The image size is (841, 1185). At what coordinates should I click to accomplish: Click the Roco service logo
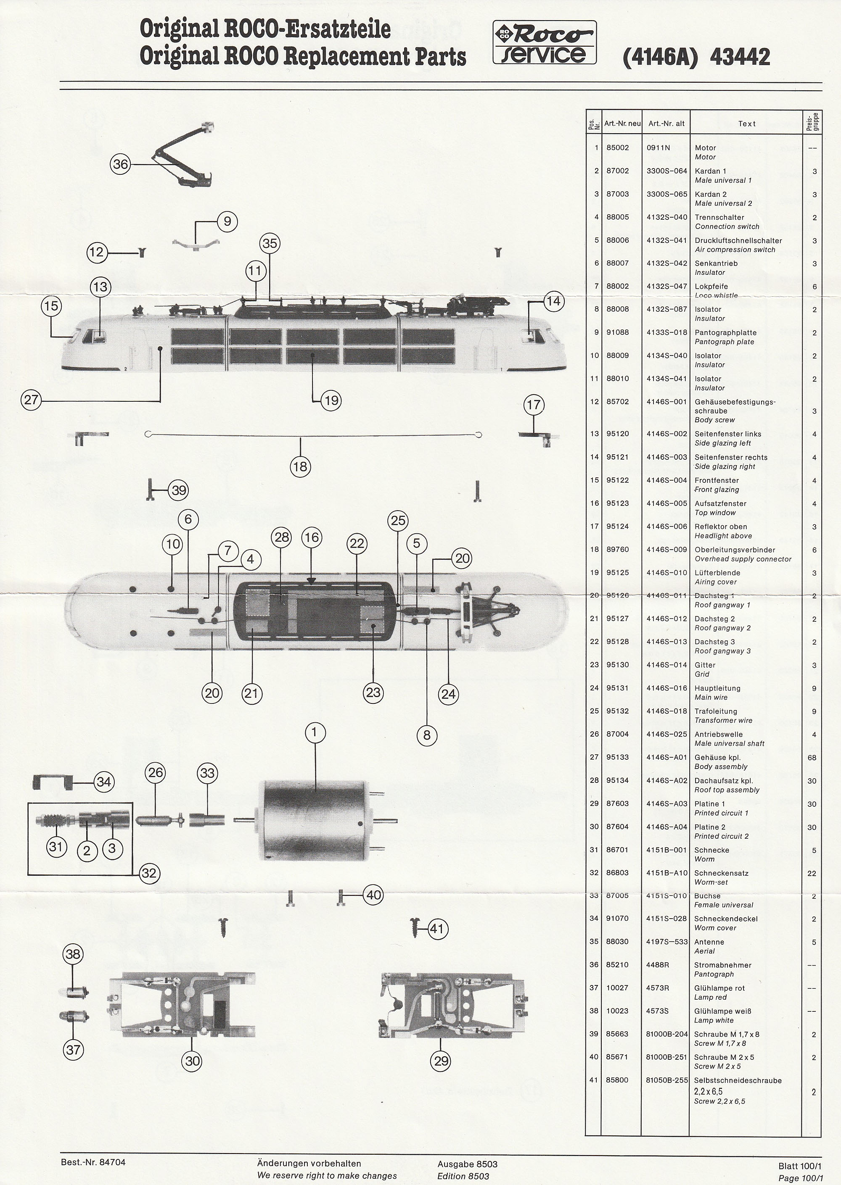coord(544,42)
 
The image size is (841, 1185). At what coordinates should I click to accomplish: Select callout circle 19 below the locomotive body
coord(331,400)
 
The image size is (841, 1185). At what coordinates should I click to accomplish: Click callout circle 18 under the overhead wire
coord(300,467)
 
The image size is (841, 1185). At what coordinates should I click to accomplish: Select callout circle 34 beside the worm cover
coord(103,782)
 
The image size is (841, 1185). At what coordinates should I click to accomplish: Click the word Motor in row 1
coord(705,148)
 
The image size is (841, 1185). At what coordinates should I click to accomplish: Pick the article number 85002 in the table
coord(617,148)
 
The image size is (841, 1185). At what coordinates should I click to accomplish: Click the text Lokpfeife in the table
coord(711,286)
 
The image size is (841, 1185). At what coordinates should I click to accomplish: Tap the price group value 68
coord(812,758)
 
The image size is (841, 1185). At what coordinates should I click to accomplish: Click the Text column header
coord(747,124)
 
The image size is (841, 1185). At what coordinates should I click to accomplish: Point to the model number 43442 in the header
coord(740,57)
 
